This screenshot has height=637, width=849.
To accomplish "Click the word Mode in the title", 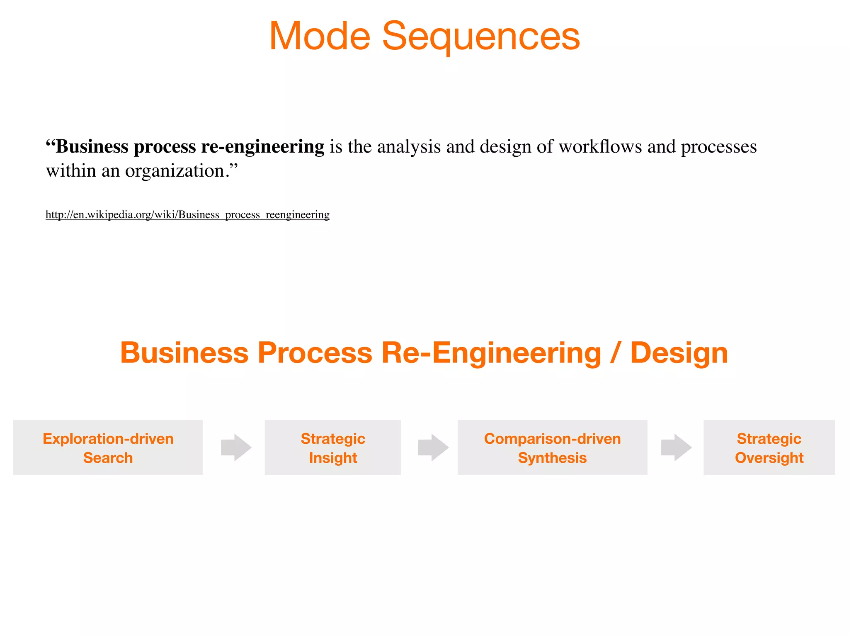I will pos(319,36).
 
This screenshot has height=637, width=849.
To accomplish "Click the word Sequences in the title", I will pos(480,36).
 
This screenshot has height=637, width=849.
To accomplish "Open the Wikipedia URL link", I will pos(187,215).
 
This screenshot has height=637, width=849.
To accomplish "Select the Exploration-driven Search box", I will pos(108,447).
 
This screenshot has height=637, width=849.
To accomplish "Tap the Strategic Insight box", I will pos(333,447).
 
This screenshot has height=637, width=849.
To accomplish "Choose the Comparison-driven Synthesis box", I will pos(552,447).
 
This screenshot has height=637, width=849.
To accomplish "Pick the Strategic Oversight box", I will pos(769,447).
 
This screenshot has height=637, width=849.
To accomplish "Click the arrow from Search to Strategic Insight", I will pos(236,447).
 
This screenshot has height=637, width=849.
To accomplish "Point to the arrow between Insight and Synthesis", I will pos(433,447).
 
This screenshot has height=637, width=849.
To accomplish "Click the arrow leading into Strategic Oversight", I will pos(676,447).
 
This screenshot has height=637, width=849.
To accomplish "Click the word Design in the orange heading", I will pos(679,353).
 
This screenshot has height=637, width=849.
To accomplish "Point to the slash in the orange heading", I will pos(615,353).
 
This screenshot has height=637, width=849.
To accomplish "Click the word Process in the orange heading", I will pos(315,353).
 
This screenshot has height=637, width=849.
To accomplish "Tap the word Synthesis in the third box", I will pos(552,458).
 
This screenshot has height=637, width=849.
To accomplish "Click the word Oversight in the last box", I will pos(769,458).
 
